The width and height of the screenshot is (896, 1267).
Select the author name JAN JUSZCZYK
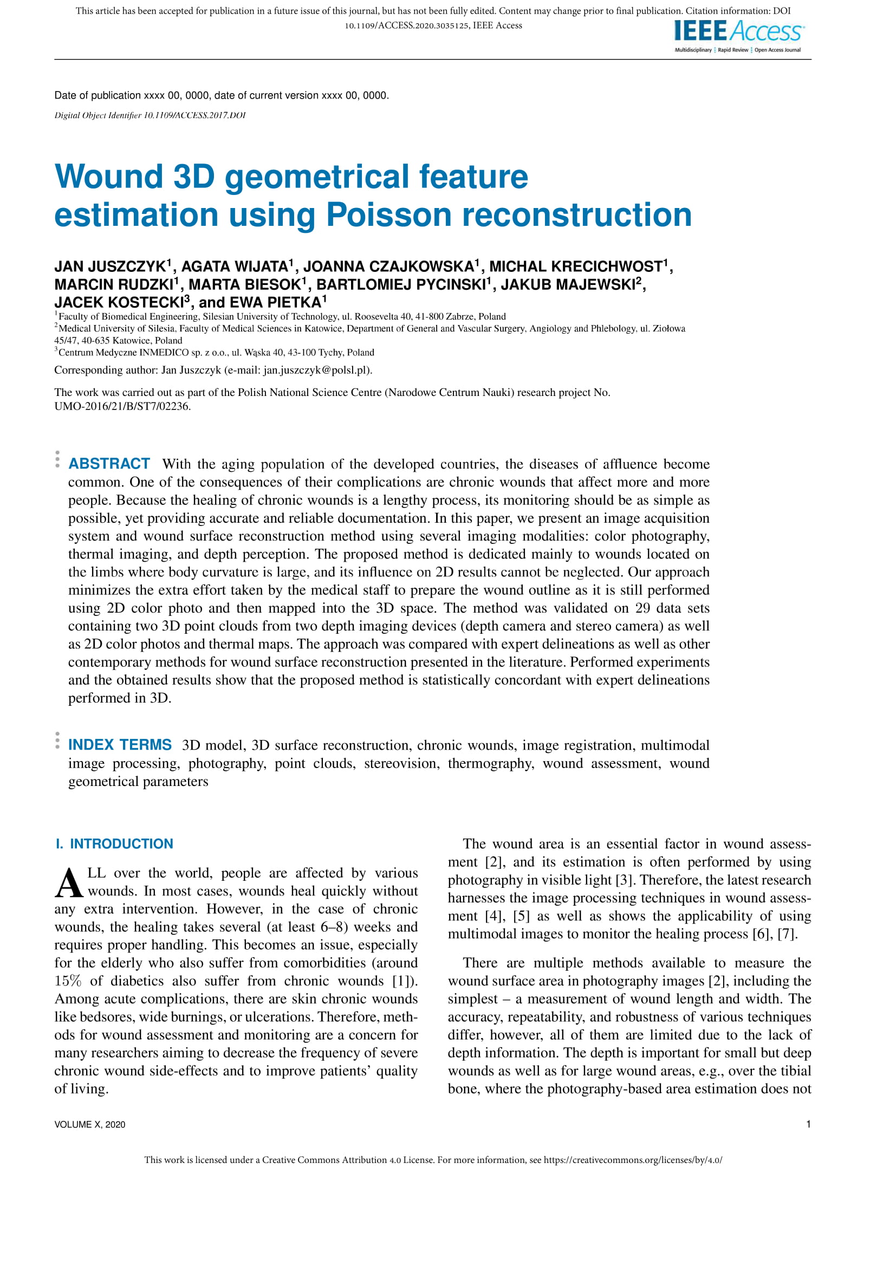click(x=110, y=267)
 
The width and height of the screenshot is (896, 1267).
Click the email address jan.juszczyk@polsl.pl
click(x=317, y=370)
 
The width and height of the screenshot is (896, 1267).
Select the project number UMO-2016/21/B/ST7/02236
click(x=122, y=406)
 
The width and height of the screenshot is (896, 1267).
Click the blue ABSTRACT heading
click(x=109, y=464)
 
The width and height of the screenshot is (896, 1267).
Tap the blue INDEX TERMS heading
click(x=120, y=745)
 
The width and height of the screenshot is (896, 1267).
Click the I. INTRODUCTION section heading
click(x=114, y=844)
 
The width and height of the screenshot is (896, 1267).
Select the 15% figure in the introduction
click(x=68, y=980)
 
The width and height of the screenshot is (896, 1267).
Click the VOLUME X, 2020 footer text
click(x=90, y=1125)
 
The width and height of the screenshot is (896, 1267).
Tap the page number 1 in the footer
click(x=808, y=1124)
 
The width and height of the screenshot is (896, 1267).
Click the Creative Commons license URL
click(x=633, y=1160)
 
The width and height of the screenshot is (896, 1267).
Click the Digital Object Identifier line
click(x=150, y=115)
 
